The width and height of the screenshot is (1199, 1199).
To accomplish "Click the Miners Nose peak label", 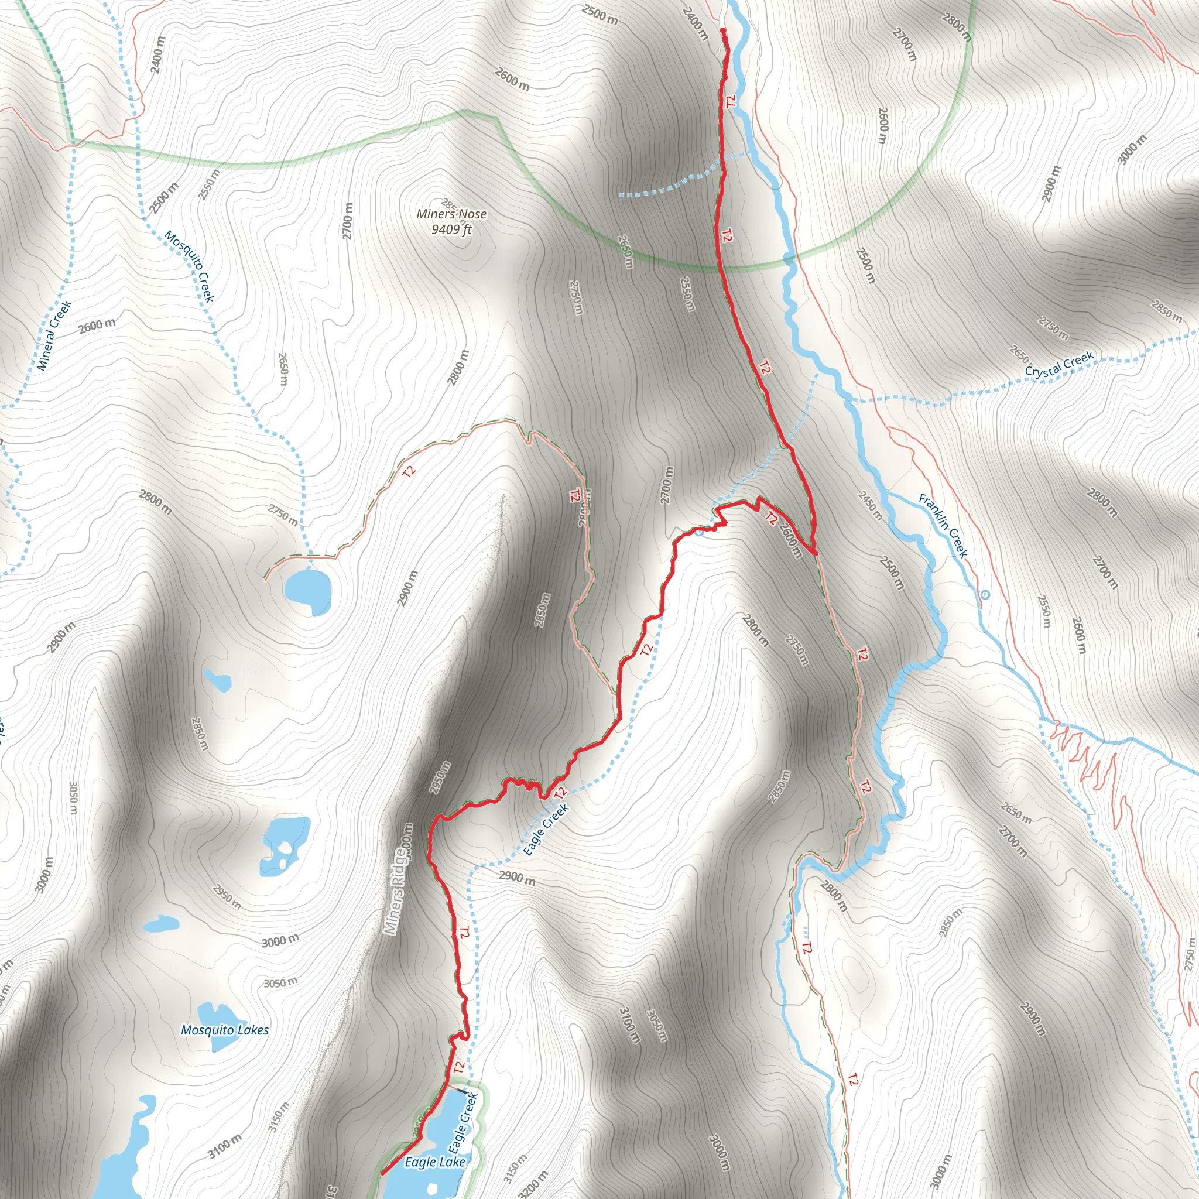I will [451, 214].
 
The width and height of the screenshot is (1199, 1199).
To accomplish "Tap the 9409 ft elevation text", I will [451, 229].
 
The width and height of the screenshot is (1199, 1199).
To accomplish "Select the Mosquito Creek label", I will [189, 266].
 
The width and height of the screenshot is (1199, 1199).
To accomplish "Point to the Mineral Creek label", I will [54, 335].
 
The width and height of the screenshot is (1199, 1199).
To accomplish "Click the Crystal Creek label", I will [1058, 365].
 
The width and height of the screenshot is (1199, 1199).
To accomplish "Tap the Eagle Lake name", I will [434, 1162].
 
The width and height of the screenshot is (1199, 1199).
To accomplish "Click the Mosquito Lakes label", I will [225, 1030].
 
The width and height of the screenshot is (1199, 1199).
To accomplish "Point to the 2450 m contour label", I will [870, 505].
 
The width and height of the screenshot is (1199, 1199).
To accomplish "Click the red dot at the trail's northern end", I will [724, 30].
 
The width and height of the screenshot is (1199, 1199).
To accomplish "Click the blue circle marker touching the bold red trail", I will [700, 532].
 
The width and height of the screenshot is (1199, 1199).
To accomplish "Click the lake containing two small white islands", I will [284, 844].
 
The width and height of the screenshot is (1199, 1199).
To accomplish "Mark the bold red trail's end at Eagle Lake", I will [382, 1173].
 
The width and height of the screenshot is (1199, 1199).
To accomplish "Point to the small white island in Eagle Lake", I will [432, 1187].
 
